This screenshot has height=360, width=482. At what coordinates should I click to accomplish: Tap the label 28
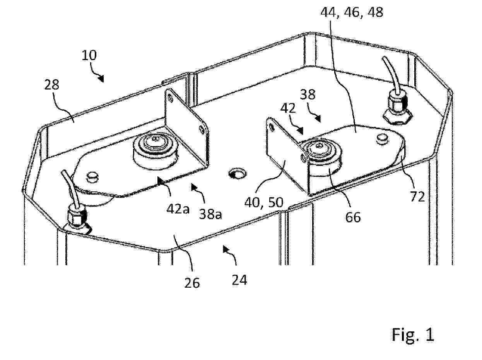point(51,85)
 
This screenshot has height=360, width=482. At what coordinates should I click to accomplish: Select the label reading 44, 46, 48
point(352,12)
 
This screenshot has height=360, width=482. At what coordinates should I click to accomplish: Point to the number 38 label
point(308,95)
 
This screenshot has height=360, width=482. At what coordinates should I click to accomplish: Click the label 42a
point(178,209)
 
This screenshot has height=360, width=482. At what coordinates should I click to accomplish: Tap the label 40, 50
point(264,202)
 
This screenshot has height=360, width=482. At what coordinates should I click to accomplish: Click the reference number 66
point(353,217)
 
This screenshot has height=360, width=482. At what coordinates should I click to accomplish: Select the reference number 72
point(417,196)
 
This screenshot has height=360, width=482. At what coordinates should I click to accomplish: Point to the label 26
point(192,283)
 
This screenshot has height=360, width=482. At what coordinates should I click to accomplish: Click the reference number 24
point(239,280)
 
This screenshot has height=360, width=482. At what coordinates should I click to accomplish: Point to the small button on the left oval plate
point(92,177)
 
